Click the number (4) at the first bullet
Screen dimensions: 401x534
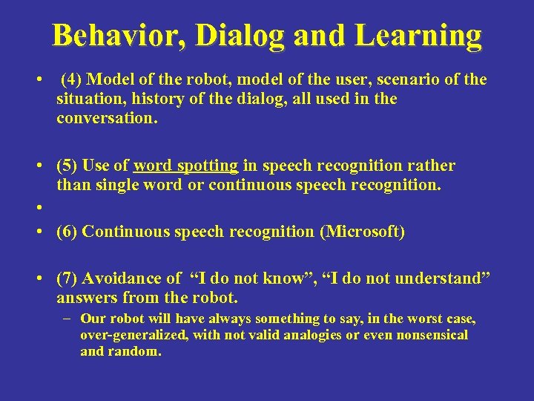pyautogui.click(x=72, y=79)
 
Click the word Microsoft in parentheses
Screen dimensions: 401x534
pyautogui.click(x=362, y=232)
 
